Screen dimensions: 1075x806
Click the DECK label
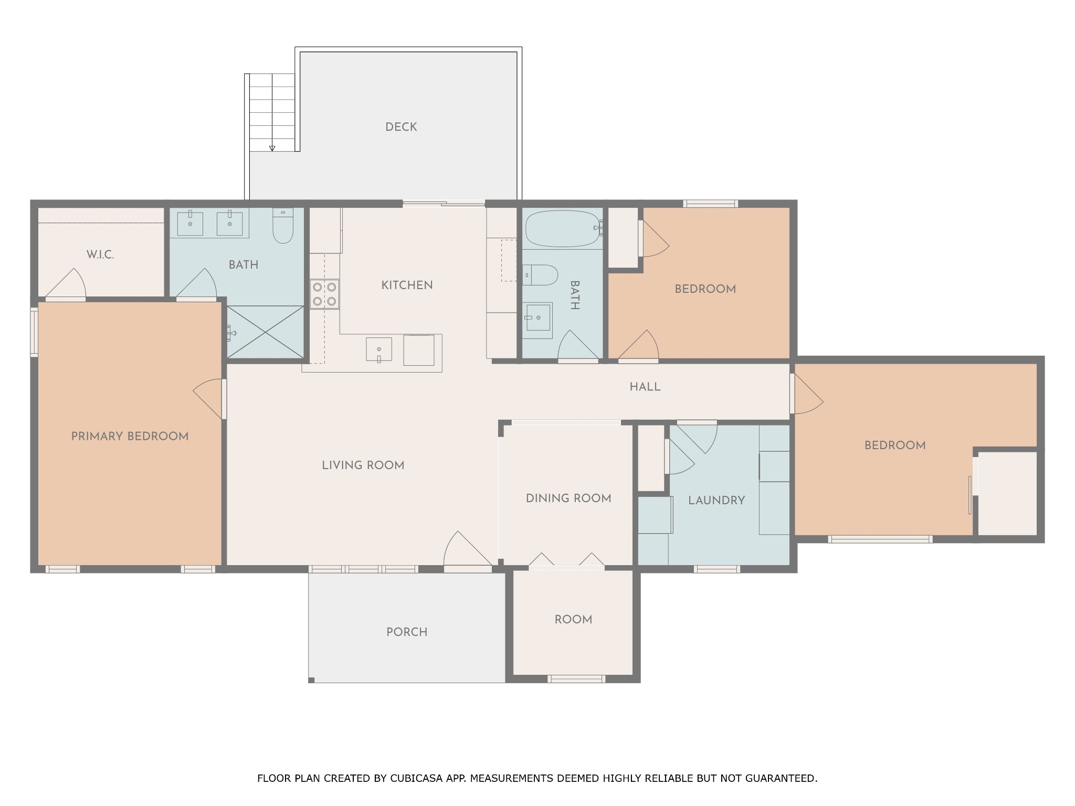pos(401,127)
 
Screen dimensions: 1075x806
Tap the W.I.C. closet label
pos(100,255)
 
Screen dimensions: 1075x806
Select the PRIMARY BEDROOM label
pos(130,436)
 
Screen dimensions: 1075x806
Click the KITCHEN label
pos(407,285)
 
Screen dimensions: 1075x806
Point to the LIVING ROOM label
pos(363,465)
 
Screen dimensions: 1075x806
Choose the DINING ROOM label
pos(568,499)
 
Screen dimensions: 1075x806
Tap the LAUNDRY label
pos(716,501)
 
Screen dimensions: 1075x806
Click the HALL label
pos(645,387)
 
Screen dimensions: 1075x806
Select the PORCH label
pos(407,632)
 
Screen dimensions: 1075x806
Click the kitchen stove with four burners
pos(324,294)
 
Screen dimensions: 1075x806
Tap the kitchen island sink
pos(379,349)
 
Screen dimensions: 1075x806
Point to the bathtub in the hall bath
pos(562,228)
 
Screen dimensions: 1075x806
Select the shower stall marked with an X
pos(265,333)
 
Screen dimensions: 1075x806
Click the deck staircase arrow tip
pos(272,150)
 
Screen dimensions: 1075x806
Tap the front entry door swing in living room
pos(467,548)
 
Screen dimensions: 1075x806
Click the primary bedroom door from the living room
pos(209,398)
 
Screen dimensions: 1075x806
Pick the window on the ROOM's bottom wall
pos(576,679)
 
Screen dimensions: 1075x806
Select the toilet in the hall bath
pos(540,275)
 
